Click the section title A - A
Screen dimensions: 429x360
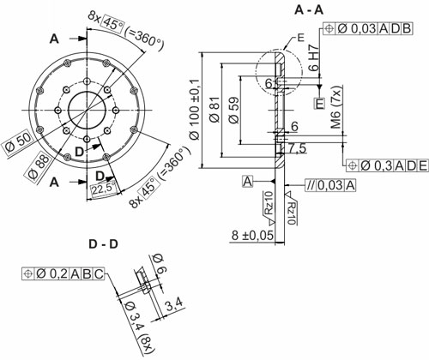pos(309,10)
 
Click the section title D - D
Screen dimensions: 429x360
pos(103,244)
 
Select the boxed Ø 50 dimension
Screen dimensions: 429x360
pos(18,145)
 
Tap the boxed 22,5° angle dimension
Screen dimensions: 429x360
pos(104,189)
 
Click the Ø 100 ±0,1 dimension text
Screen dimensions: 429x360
pos(196,110)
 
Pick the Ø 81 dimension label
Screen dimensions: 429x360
pos(215,110)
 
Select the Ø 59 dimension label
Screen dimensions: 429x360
pos(233,111)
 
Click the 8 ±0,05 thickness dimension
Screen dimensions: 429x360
pos(252,236)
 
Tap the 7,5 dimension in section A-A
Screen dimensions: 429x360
pos(297,149)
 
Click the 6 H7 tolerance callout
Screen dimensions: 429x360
pos(313,58)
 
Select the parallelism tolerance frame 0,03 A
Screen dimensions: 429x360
pos(330,185)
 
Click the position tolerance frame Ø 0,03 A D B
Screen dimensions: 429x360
pos(368,28)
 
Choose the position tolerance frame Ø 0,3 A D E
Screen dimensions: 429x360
pos(387,165)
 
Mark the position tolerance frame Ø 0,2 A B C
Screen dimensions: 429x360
pos(63,274)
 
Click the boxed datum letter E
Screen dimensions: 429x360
pos(319,103)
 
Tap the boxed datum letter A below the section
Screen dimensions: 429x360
pos(248,182)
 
